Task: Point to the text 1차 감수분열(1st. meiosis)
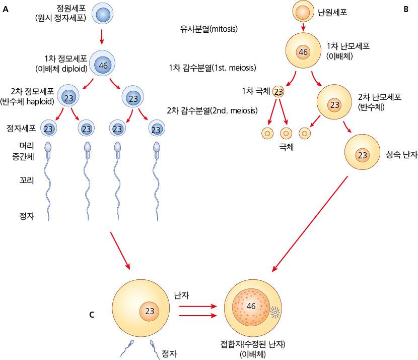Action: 213,68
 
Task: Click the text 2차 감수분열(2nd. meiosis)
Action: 212,110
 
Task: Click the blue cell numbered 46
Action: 104,66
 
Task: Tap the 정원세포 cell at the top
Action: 102,15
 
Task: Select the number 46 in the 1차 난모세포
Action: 303,52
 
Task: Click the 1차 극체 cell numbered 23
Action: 278,92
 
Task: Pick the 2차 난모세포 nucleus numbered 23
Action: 334,105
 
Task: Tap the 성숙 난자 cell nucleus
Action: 362,155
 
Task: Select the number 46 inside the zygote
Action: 251,307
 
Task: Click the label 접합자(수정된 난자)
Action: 253,345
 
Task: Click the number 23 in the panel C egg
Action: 150,311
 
